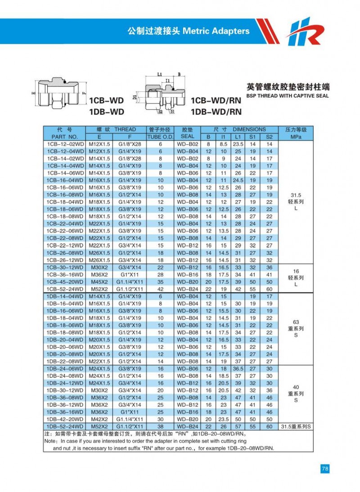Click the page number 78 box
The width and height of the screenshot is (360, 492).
click(325, 469)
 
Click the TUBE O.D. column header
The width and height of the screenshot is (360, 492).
click(160, 136)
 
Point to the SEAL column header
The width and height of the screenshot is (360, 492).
click(187, 136)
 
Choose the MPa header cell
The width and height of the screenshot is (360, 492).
click(296, 136)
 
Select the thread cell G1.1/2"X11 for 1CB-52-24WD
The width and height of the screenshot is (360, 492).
click(130, 289)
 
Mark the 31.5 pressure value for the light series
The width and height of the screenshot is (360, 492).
click(296, 195)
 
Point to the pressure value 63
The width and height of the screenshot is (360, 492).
click(296, 322)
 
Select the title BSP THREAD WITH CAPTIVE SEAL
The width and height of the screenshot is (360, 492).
click(288, 95)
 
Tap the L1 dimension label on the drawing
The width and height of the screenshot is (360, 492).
click(160, 74)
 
